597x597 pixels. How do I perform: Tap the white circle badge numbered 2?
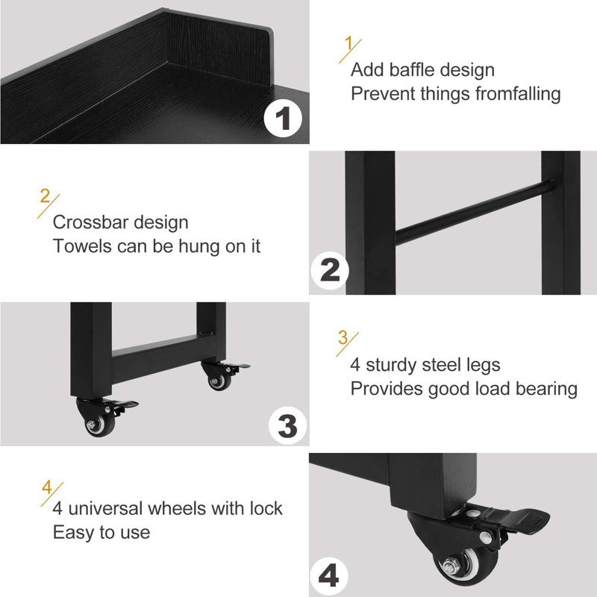pyautogui.click(x=329, y=269)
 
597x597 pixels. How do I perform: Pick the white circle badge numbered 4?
pyautogui.click(x=329, y=575)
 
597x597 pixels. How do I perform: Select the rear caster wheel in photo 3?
pyautogui.click(x=217, y=381)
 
